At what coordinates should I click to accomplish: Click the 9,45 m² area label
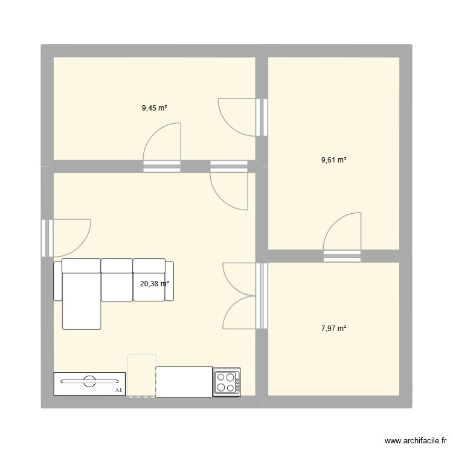(x=154, y=109)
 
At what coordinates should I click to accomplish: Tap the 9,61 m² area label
(x=333, y=160)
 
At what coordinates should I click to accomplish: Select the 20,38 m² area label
(x=155, y=283)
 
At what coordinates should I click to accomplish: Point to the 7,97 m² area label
(x=333, y=329)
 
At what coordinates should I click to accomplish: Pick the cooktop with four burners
(x=226, y=382)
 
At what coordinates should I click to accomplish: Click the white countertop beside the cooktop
(x=184, y=382)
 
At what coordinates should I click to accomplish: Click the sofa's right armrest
(x=170, y=280)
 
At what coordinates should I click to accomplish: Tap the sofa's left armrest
(x=57, y=280)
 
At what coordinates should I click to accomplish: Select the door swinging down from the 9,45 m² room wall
(x=229, y=187)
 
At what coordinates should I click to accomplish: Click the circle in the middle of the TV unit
(x=89, y=381)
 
